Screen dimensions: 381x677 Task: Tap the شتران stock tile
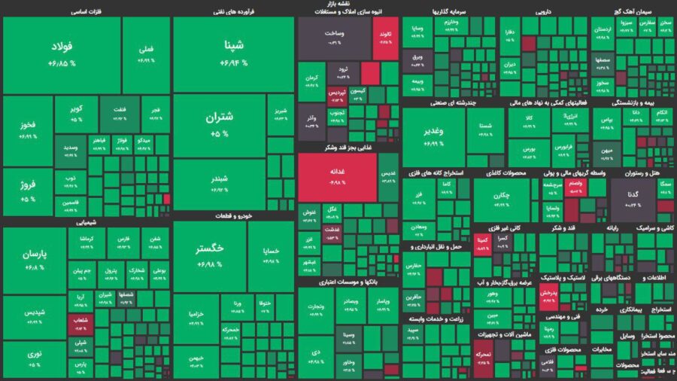click(220, 125)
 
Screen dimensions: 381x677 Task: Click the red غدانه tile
click(336, 177)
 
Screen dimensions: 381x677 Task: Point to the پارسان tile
click(35, 261)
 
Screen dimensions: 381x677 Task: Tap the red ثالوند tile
click(386, 38)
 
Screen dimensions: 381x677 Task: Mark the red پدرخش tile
click(549, 294)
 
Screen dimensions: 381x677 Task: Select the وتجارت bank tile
click(317, 306)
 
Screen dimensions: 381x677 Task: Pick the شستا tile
click(485, 126)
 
